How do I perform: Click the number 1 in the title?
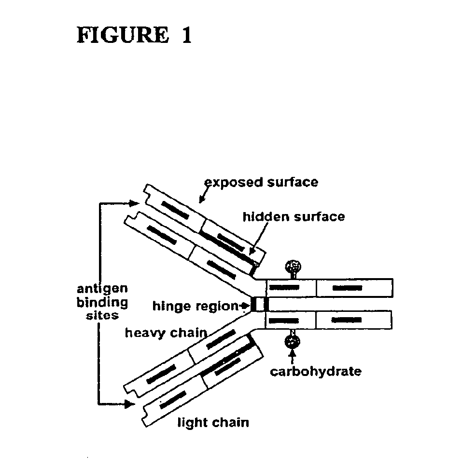186,36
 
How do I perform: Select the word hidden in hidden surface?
263,216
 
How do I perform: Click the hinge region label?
195,306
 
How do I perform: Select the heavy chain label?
166,333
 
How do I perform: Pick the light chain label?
213,423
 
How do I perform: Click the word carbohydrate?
315,372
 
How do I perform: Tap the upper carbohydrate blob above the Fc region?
293,266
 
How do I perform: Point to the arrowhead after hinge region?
245,306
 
